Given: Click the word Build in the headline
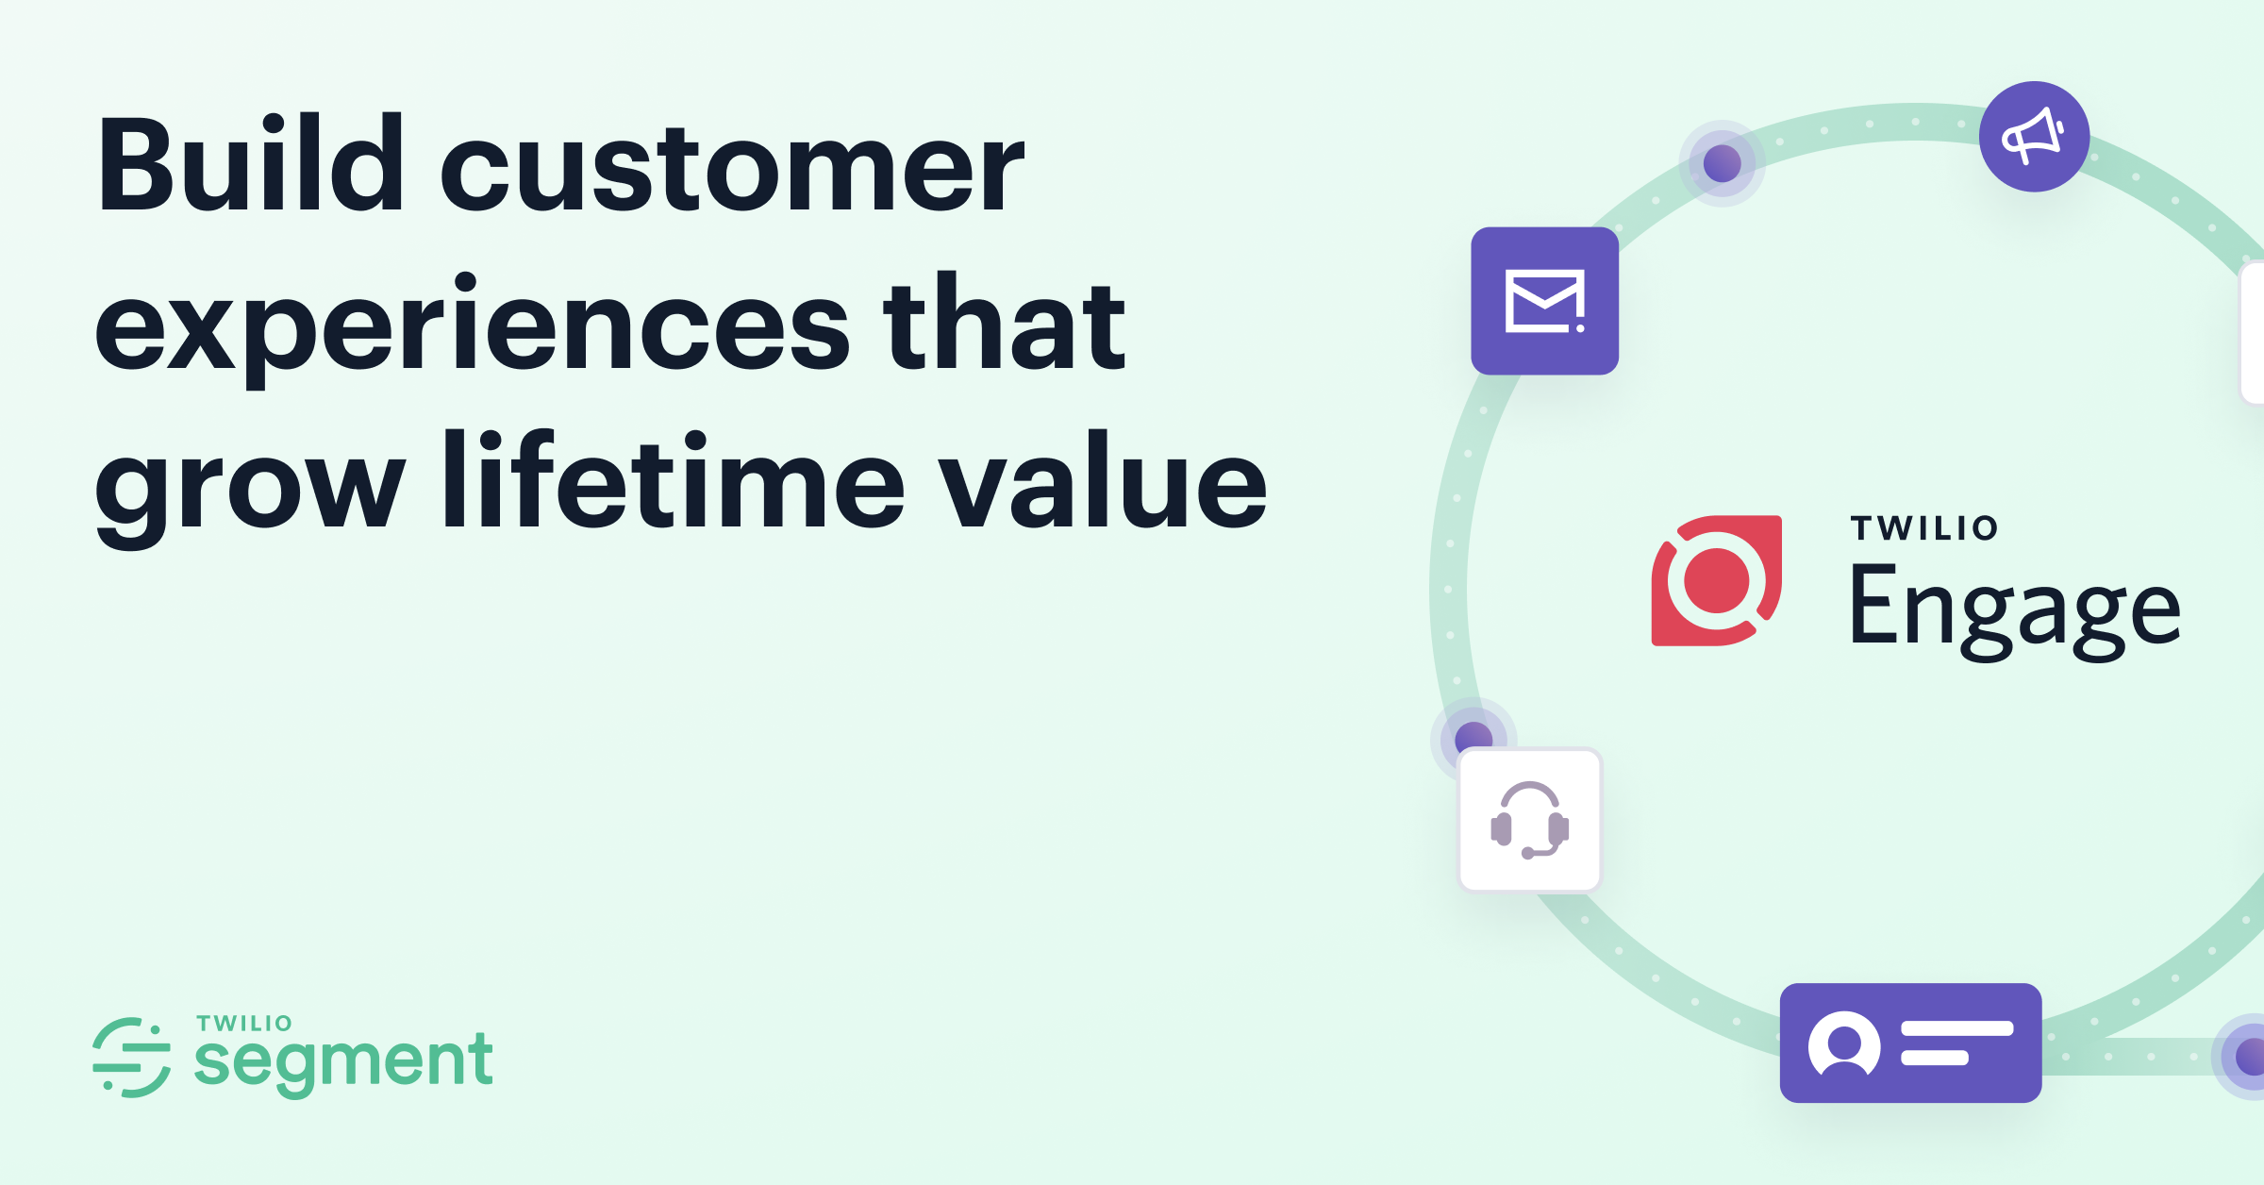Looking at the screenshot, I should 251,165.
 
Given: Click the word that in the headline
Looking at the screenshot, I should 1004,325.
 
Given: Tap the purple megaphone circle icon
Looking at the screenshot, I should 2034,137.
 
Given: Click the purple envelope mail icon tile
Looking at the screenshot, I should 1544,301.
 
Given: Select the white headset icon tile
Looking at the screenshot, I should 1529,820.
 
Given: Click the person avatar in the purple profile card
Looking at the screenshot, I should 1843,1043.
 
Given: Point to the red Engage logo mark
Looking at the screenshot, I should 1716,580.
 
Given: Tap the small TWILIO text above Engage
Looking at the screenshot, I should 1923,528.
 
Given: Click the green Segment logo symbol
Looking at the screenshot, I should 132,1058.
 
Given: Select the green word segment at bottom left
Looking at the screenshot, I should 343,1061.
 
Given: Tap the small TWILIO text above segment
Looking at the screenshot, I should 244,1024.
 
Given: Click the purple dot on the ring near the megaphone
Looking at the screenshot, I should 1722,163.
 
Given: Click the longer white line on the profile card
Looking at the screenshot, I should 1956,1028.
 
